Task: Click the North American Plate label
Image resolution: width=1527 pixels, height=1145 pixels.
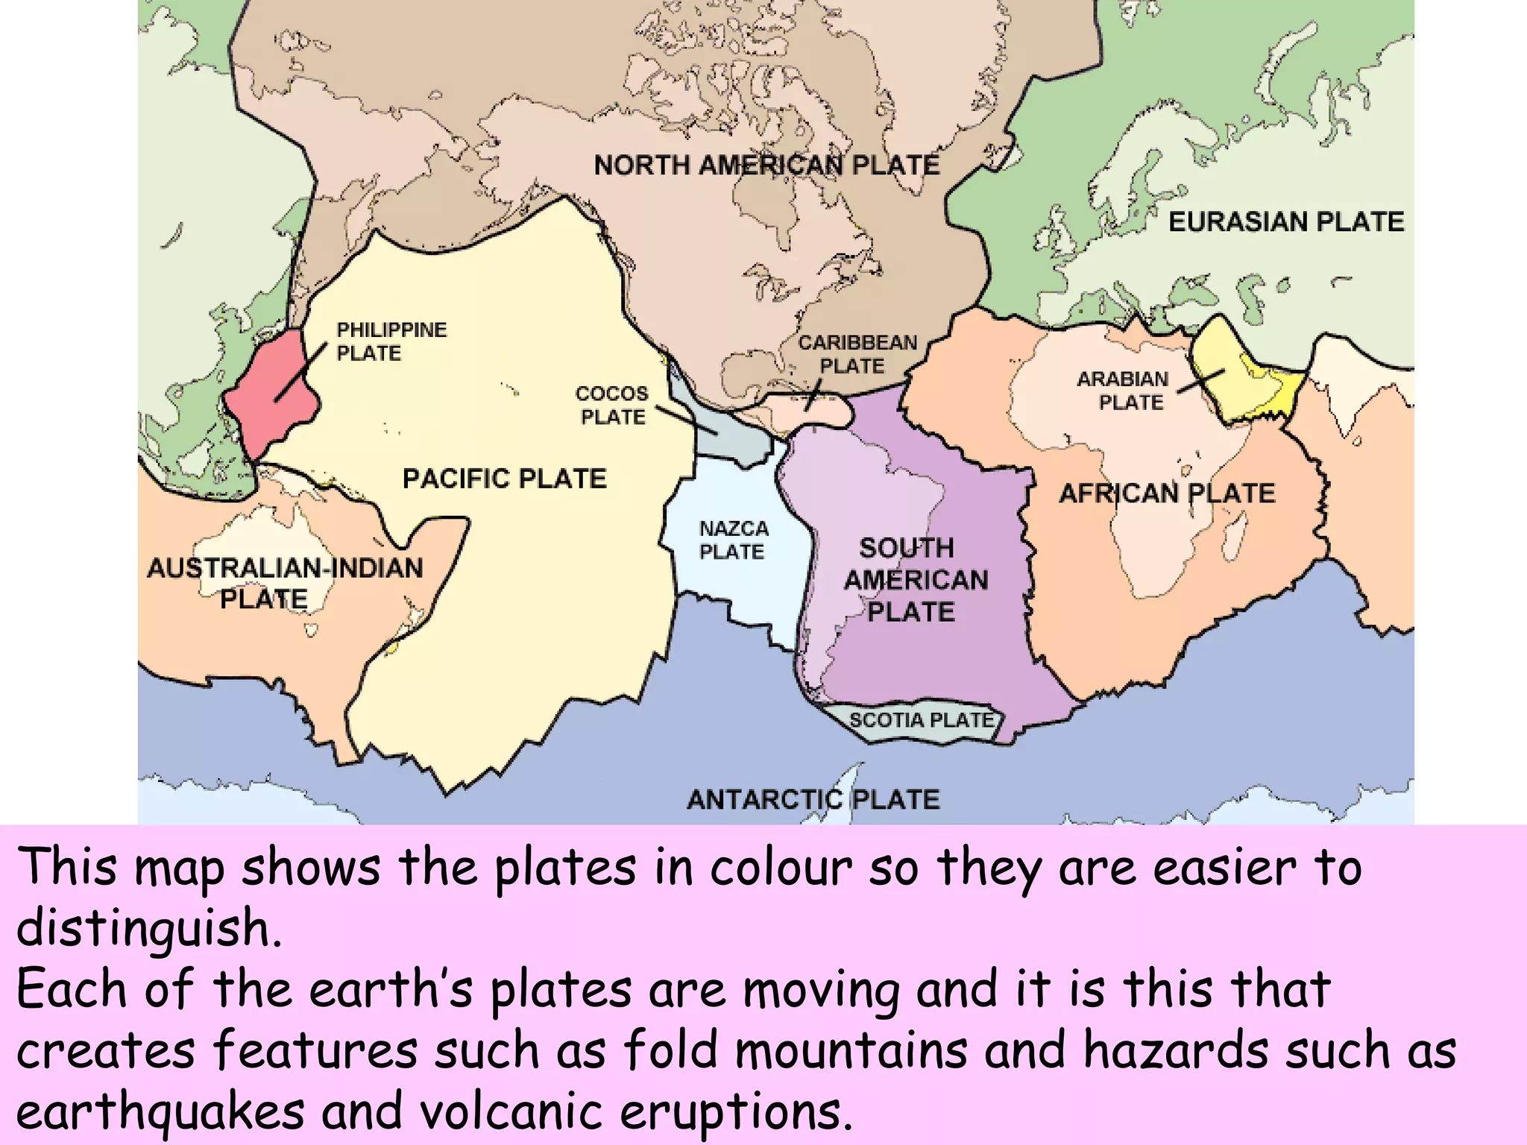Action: (x=766, y=165)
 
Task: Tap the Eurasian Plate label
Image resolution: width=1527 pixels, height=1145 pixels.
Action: (x=1285, y=221)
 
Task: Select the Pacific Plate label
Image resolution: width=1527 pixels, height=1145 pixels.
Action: (x=504, y=478)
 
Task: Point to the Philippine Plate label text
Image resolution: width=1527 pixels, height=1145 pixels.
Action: (x=391, y=341)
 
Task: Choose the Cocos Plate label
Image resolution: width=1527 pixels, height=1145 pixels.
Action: (x=611, y=405)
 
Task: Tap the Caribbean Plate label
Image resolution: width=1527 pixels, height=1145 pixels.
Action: (x=857, y=354)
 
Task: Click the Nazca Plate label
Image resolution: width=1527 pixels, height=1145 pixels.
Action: (x=733, y=540)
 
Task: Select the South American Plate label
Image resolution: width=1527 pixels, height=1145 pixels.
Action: (x=914, y=580)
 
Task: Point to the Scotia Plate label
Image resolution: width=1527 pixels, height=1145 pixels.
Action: (x=922, y=720)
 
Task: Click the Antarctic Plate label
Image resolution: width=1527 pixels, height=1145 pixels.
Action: (x=813, y=799)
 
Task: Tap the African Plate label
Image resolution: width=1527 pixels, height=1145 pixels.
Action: (x=1167, y=493)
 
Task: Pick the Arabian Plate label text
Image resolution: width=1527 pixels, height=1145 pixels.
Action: (x=1123, y=391)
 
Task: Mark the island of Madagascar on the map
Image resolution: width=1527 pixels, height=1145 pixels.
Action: (x=1235, y=536)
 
